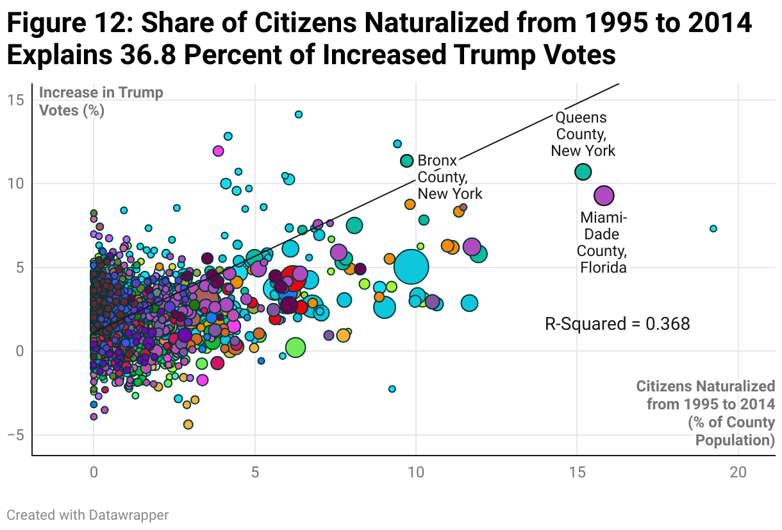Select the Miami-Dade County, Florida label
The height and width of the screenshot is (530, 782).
[x=603, y=243]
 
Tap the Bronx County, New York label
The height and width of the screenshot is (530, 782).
[x=449, y=177]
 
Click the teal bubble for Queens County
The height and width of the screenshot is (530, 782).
[x=583, y=172]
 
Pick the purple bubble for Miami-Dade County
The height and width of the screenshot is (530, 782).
[x=604, y=196]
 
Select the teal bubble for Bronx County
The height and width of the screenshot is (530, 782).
[x=406, y=161]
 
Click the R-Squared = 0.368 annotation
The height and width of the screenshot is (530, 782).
[x=617, y=324]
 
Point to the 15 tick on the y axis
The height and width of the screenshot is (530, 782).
[x=16, y=100]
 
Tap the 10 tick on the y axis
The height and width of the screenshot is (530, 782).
[x=16, y=184]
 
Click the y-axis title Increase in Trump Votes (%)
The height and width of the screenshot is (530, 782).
[x=101, y=101]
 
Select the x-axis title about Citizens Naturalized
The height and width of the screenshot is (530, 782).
[x=705, y=413]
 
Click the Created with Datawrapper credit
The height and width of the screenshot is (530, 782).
[x=88, y=515]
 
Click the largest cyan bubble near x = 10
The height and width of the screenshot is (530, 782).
[x=411, y=267]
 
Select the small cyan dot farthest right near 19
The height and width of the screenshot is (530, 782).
[x=713, y=228]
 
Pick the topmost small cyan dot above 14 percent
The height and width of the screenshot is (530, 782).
[x=298, y=114]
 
